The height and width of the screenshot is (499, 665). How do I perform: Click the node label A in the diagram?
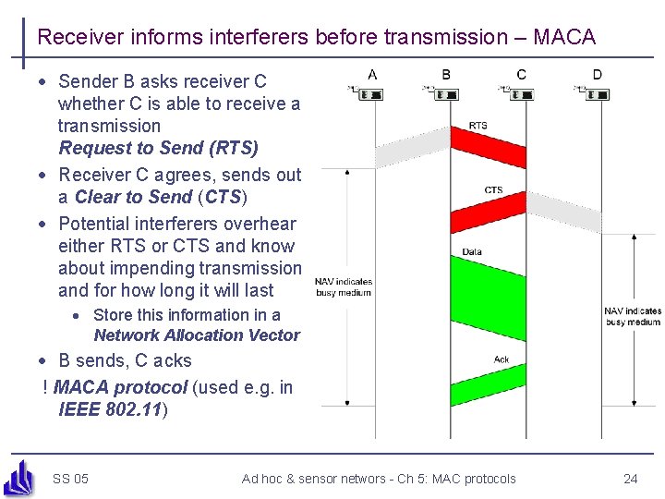tap(371, 74)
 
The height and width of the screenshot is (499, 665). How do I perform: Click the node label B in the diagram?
tap(447, 74)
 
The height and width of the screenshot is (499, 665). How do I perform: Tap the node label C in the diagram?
tap(522, 74)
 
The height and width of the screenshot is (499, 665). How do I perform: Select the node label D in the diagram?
tap(598, 74)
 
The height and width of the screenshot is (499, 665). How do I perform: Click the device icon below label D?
tap(595, 94)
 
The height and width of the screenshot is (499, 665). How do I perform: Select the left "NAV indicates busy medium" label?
tap(344, 286)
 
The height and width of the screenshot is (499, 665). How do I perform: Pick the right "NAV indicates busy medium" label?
tap(633, 316)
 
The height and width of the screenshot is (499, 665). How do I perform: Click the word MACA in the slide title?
tap(564, 37)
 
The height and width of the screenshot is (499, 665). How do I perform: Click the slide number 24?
tap(631, 479)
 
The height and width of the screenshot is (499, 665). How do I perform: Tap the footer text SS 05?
tap(70, 479)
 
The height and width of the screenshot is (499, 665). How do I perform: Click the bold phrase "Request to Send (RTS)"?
tap(158, 148)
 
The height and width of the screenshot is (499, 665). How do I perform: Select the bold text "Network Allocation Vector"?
tap(197, 335)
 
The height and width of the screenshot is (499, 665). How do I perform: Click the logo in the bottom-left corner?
tap(20, 477)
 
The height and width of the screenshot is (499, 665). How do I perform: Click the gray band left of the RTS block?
tap(411, 146)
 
